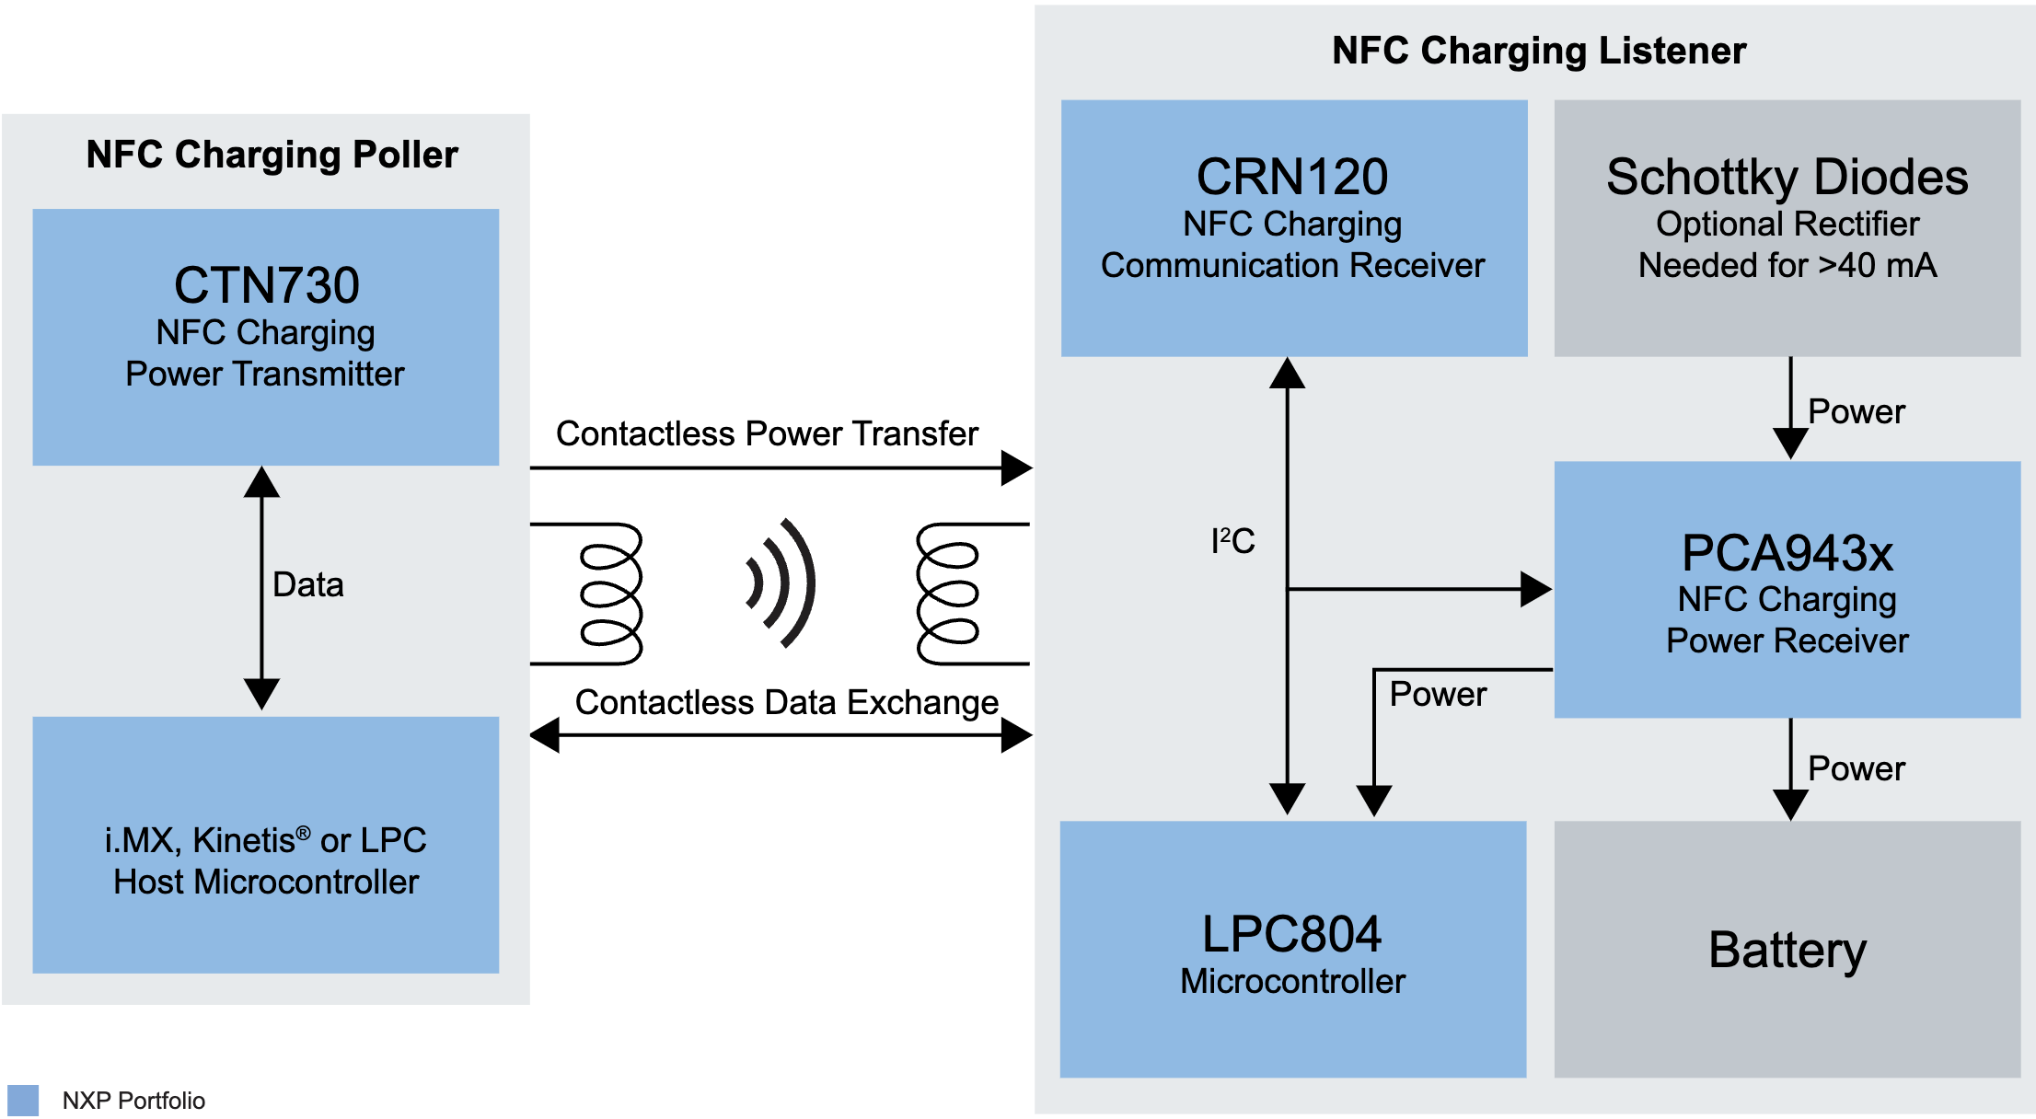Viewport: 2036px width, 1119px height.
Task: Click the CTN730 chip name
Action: click(x=266, y=285)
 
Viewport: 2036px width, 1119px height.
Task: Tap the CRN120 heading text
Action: click(x=1292, y=177)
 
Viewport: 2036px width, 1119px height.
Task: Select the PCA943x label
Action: click(x=1787, y=553)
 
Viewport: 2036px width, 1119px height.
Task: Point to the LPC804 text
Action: click(x=1291, y=934)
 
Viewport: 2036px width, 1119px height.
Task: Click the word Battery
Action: click(x=1787, y=950)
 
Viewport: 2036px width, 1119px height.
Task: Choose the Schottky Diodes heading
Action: click(x=1787, y=177)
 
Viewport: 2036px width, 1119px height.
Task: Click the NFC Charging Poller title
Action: click(x=272, y=155)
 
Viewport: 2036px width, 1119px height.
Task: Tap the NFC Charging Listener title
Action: click(x=1538, y=51)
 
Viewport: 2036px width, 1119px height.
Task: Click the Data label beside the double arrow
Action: click(x=307, y=585)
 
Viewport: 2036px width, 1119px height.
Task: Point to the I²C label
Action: click(x=1232, y=541)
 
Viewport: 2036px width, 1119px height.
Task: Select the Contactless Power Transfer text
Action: click(x=767, y=433)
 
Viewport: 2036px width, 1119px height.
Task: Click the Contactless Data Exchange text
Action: click(x=786, y=702)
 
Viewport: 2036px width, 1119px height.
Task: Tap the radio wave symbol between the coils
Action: click(x=781, y=583)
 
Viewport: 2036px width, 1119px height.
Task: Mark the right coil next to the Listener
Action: click(x=948, y=594)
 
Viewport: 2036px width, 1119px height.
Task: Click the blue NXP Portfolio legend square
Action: click(x=23, y=1101)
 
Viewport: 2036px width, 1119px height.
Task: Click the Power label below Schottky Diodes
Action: click(x=1856, y=411)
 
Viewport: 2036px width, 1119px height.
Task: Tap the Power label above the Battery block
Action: click(x=1856, y=768)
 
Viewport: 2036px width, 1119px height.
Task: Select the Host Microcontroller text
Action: click(x=266, y=882)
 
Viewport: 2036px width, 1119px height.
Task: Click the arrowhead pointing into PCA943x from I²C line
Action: click(x=1535, y=589)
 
